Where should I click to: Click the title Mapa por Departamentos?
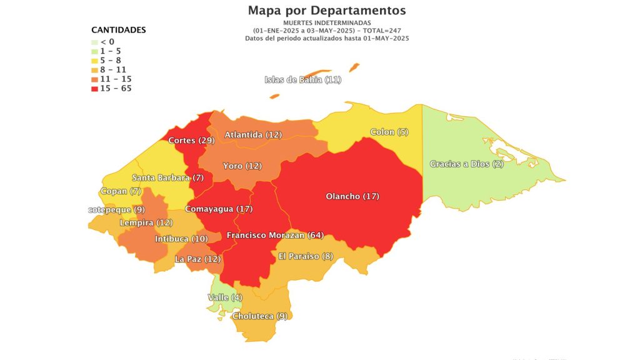coord(327,11)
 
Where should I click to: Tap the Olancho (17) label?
coord(352,196)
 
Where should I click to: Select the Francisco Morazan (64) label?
coord(275,235)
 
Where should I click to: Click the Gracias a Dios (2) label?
coord(467,164)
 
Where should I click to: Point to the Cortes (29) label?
coord(191,140)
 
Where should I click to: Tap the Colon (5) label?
coord(389,132)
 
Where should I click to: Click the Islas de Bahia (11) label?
coord(303,79)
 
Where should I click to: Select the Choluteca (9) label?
coord(259,316)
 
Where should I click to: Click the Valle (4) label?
coord(225,297)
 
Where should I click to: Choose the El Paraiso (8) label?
coord(306,256)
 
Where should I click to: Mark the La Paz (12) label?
coord(197,259)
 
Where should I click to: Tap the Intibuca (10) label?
coord(181,239)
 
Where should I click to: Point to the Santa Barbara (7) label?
coord(167,178)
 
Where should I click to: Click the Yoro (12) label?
coord(242,166)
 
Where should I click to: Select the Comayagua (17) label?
coord(219,209)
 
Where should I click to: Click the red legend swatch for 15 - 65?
coord(94,89)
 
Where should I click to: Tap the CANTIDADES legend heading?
coord(119,29)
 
